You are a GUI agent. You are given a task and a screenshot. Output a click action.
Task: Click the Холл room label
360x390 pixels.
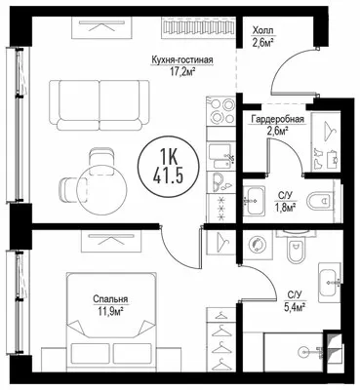tap(262, 31)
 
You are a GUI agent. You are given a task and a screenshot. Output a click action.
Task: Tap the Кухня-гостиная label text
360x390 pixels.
tap(182, 60)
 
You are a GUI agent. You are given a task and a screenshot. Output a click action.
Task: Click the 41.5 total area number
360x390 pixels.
tap(169, 176)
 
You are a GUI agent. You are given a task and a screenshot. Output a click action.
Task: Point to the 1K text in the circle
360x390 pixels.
tap(169, 159)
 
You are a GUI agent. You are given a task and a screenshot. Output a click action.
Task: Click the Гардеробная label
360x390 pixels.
tap(277, 120)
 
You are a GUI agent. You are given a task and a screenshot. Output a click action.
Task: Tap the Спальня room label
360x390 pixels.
tap(110, 299)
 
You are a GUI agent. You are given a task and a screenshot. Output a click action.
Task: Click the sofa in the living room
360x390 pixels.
tap(100, 105)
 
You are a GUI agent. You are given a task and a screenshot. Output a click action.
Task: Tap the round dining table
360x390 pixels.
tap(101, 189)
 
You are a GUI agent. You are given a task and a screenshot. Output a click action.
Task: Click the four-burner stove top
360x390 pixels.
tap(221, 111)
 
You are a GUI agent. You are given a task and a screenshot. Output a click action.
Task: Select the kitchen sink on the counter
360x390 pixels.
tap(221, 155)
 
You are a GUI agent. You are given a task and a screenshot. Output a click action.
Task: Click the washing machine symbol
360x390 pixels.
tap(259, 244)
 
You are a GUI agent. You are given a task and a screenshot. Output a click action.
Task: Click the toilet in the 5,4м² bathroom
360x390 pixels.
tap(296, 247)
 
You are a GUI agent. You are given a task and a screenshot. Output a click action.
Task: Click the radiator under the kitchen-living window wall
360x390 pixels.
tap(199, 25)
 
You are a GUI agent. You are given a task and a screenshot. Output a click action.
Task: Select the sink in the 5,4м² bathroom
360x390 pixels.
tap(330, 281)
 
